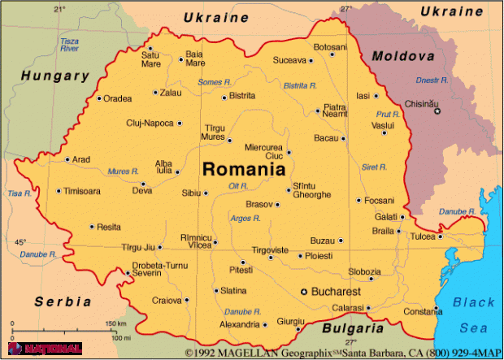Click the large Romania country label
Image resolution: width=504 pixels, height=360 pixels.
tap(244, 170)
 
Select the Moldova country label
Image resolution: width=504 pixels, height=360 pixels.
tap(403, 56)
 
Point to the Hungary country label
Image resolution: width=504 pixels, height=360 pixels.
tap(54, 76)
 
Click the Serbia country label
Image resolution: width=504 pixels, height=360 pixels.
tap(63, 301)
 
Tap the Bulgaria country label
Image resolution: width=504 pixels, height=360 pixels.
tap(352, 329)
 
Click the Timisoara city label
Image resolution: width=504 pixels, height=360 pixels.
tap(83, 192)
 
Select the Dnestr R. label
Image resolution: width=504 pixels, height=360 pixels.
tap(432, 80)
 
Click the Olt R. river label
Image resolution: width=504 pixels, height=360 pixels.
tap(238, 186)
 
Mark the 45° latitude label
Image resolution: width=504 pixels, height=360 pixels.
tap(20, 242)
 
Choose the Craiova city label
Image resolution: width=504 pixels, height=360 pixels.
tap(167, 301)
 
